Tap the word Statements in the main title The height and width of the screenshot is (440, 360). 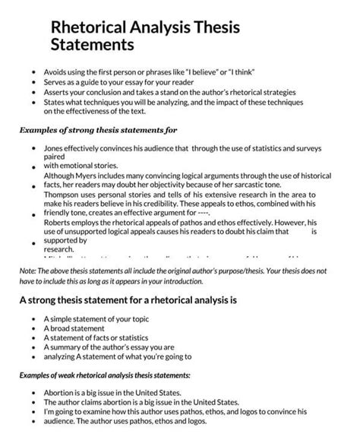[x=92, y=46]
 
